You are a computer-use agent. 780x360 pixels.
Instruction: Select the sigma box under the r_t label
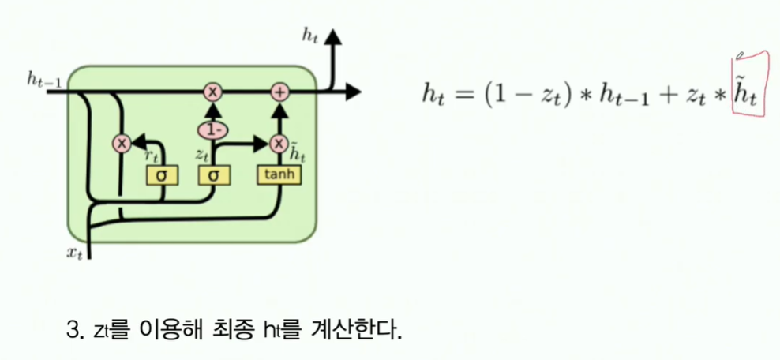(x=161, y=174)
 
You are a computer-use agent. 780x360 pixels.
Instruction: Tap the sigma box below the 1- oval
(x=212, y=174)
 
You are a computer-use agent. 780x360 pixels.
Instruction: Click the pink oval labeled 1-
(x=212, y=128)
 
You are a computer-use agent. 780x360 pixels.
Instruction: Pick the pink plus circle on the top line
(x=279, y=92)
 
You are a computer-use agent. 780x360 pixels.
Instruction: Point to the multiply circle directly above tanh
(x=279, y=143)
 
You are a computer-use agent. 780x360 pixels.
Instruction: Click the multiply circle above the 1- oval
(x=212, y=92)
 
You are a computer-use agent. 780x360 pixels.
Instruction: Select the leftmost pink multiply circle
(x=122, y=143)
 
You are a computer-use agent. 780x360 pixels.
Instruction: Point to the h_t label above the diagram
(x=310, y=34)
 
